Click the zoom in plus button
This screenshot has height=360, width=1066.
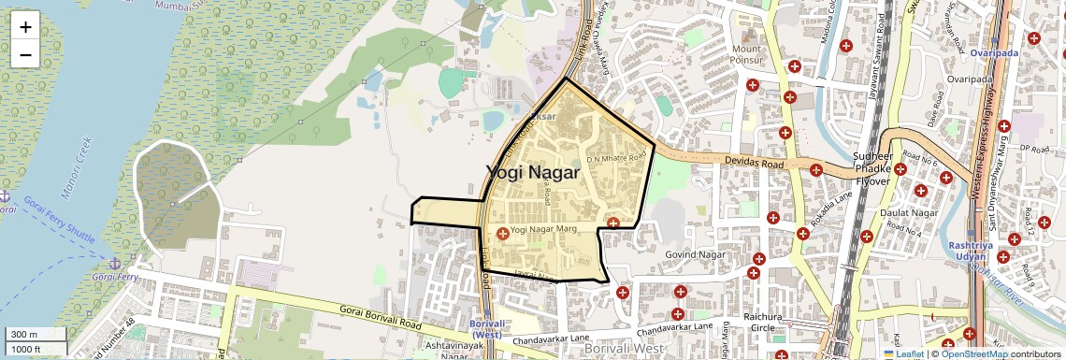25,27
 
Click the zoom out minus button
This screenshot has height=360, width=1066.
25,55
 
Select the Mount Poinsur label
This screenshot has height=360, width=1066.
748,54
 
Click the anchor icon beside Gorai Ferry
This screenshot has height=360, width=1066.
116,266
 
